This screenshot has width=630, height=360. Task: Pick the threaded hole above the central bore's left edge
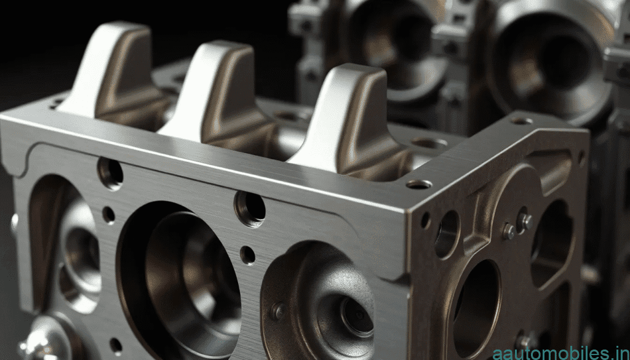(110, 173)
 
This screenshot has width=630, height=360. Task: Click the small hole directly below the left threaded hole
(108, 214)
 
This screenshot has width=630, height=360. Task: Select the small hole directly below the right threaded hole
(247, 254)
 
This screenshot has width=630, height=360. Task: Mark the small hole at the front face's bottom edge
(116, 345)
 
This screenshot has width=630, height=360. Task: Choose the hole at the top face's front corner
(419, 184)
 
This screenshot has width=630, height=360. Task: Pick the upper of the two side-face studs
(524, 220)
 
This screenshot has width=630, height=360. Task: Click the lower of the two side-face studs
(509, 232)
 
